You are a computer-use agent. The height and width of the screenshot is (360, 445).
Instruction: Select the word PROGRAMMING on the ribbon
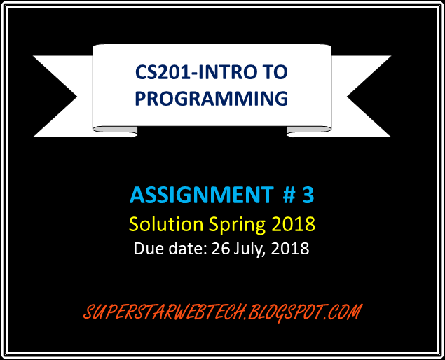[212, 98]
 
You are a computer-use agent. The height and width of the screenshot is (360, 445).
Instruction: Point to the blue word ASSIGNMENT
[202, 195]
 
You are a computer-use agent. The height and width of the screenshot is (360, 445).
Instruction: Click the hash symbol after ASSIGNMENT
[289, 195]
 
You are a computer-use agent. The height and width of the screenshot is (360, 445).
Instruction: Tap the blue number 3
[308, 195]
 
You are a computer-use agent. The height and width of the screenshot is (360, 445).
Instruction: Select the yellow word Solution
[166, 224]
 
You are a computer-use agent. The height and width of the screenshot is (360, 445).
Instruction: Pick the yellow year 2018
[293, 224]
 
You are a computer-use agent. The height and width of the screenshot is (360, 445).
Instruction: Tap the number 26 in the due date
[220, 248]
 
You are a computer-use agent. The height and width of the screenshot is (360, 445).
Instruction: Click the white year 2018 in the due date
[290, 248]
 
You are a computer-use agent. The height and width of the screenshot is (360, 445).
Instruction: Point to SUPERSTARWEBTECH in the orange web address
[164, 312]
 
